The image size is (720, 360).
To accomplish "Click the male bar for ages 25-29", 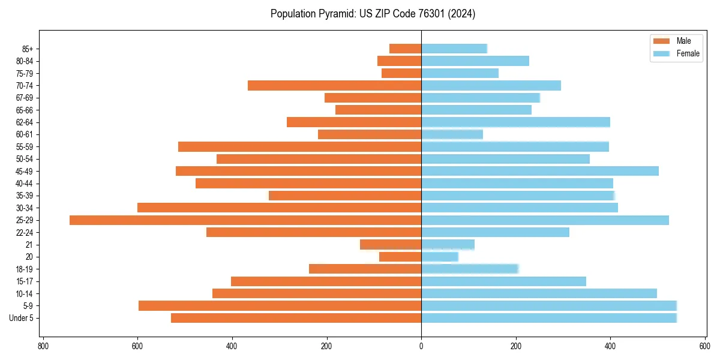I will pos(245,220).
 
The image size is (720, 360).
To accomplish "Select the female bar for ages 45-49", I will pos(540,171).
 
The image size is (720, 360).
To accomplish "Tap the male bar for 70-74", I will pos(334,86).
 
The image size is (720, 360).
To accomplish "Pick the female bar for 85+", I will pos(454,49).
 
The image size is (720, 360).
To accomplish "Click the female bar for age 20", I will pos(440,257).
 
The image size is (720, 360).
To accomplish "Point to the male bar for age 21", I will pos(391,245).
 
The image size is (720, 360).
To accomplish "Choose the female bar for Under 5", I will pos(549,318).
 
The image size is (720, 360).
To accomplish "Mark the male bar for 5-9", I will pos(280,306).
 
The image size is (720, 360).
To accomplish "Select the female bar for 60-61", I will pos(452,134).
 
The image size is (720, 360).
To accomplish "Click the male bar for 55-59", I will pos(299,147).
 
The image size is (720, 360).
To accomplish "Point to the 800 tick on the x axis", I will pos(43,346).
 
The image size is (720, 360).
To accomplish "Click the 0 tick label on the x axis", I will pos(421,346).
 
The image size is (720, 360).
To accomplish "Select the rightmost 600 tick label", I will pos(704,346).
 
